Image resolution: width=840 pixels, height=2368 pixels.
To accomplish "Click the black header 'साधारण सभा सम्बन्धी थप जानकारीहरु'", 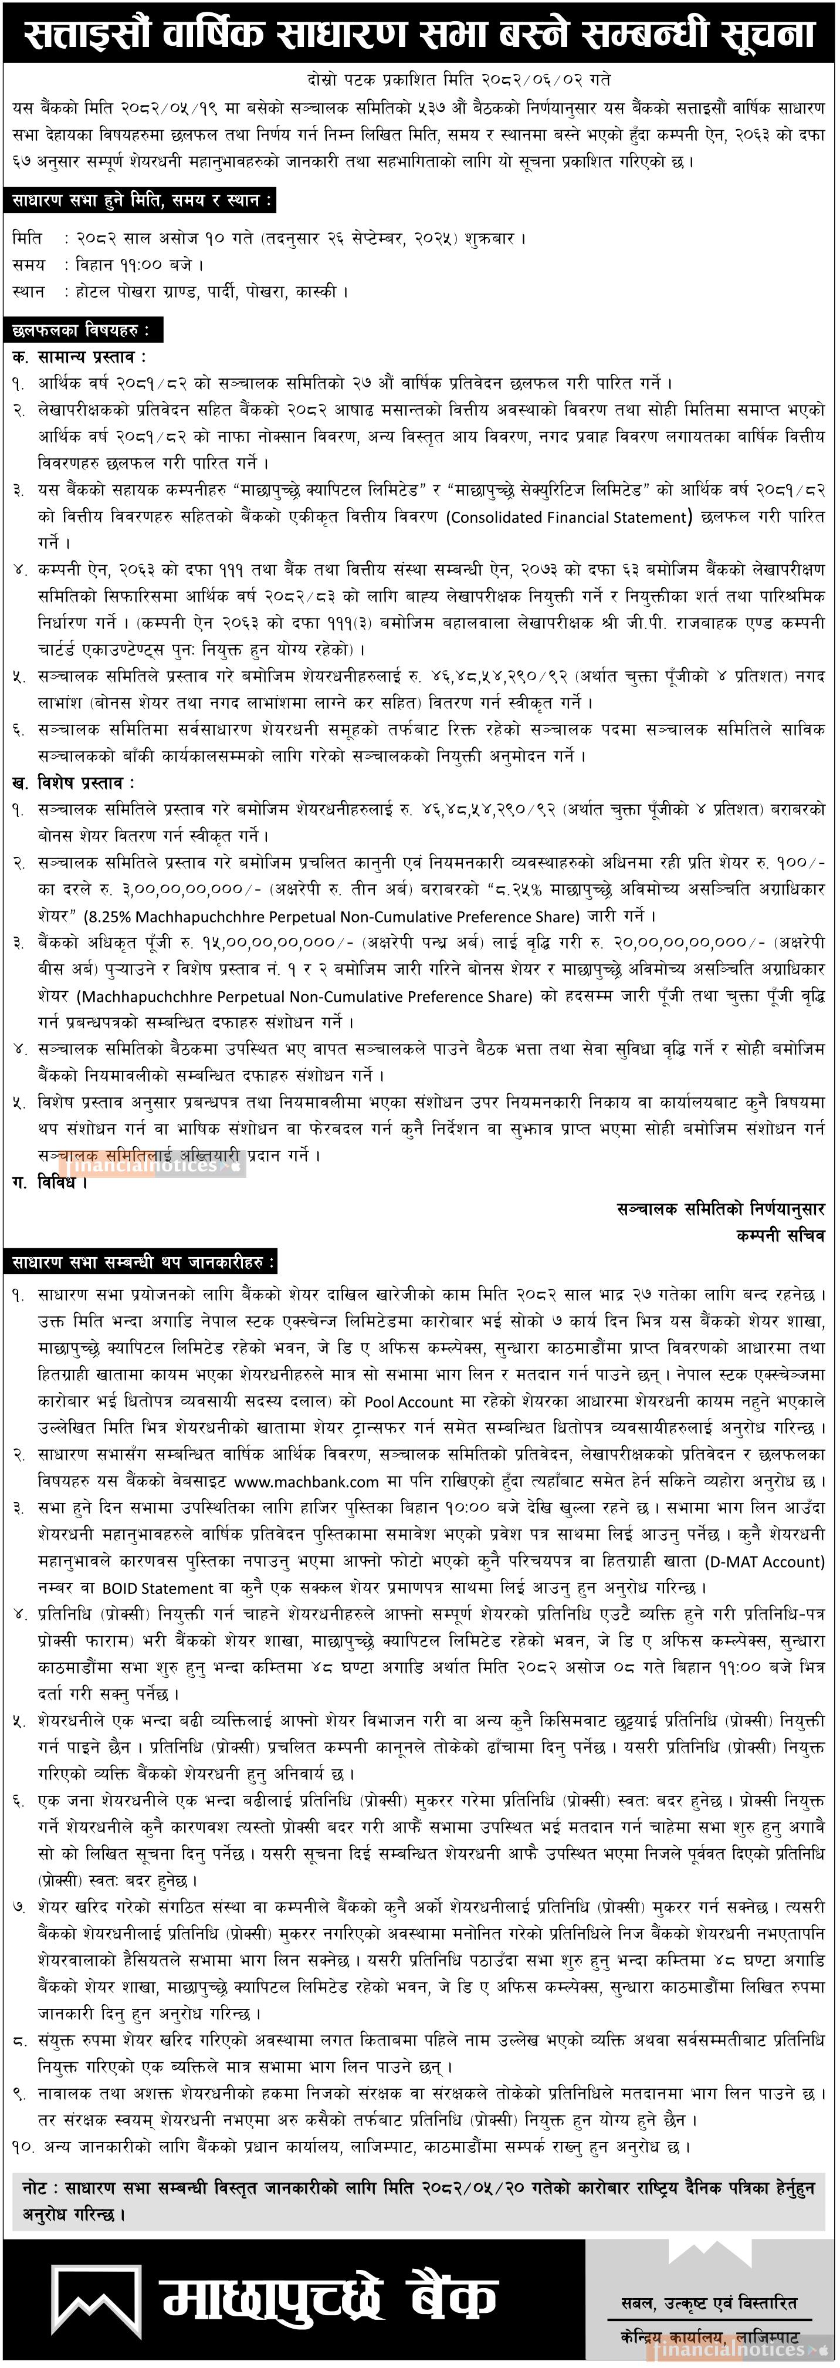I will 143,1262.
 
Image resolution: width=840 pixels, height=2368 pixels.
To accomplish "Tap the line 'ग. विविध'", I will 50,1182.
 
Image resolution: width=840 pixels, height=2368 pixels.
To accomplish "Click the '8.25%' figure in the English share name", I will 109,917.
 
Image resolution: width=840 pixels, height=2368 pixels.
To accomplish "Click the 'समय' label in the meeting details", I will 29,265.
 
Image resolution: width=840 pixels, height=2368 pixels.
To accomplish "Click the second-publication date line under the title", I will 459,80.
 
